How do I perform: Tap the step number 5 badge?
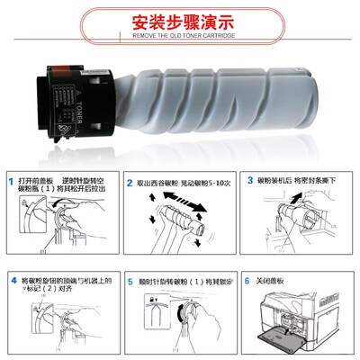[130, 282]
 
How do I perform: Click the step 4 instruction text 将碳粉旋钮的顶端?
[67, 286]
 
